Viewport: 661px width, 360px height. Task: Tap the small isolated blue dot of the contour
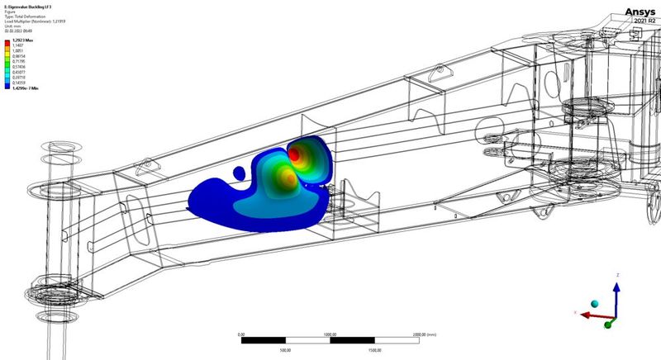tap(239, 174)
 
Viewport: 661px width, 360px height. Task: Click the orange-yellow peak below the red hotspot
tap(286, 175)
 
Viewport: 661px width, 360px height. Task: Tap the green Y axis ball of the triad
tap(608, 324)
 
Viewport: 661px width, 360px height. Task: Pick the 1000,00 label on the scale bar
tap(330, 334)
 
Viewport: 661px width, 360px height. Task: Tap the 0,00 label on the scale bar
tap(240, 334)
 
